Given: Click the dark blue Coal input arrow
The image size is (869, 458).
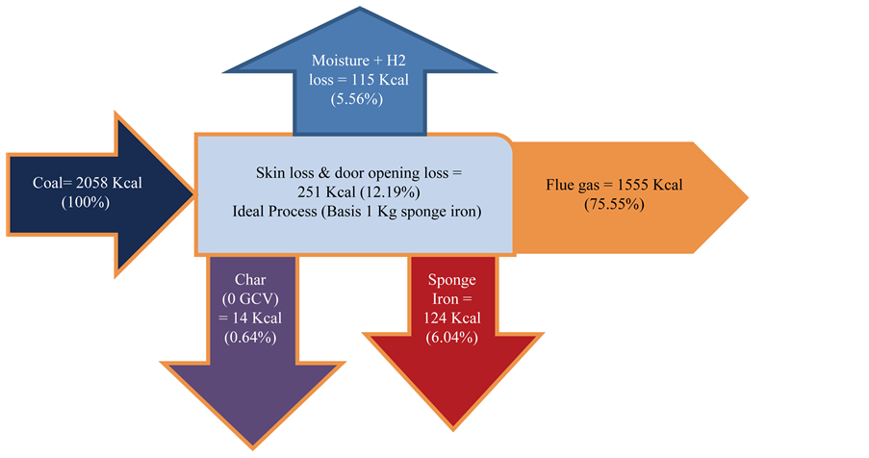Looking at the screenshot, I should click(x=87, y=192).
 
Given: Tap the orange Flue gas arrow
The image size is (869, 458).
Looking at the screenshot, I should click(x=626, y=196).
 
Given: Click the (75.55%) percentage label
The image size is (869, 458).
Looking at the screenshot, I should click(x=613, y=204).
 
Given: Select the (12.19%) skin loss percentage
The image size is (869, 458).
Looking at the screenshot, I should click(x=385, y=191).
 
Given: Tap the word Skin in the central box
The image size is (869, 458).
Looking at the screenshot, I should click(x=271, y=173).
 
